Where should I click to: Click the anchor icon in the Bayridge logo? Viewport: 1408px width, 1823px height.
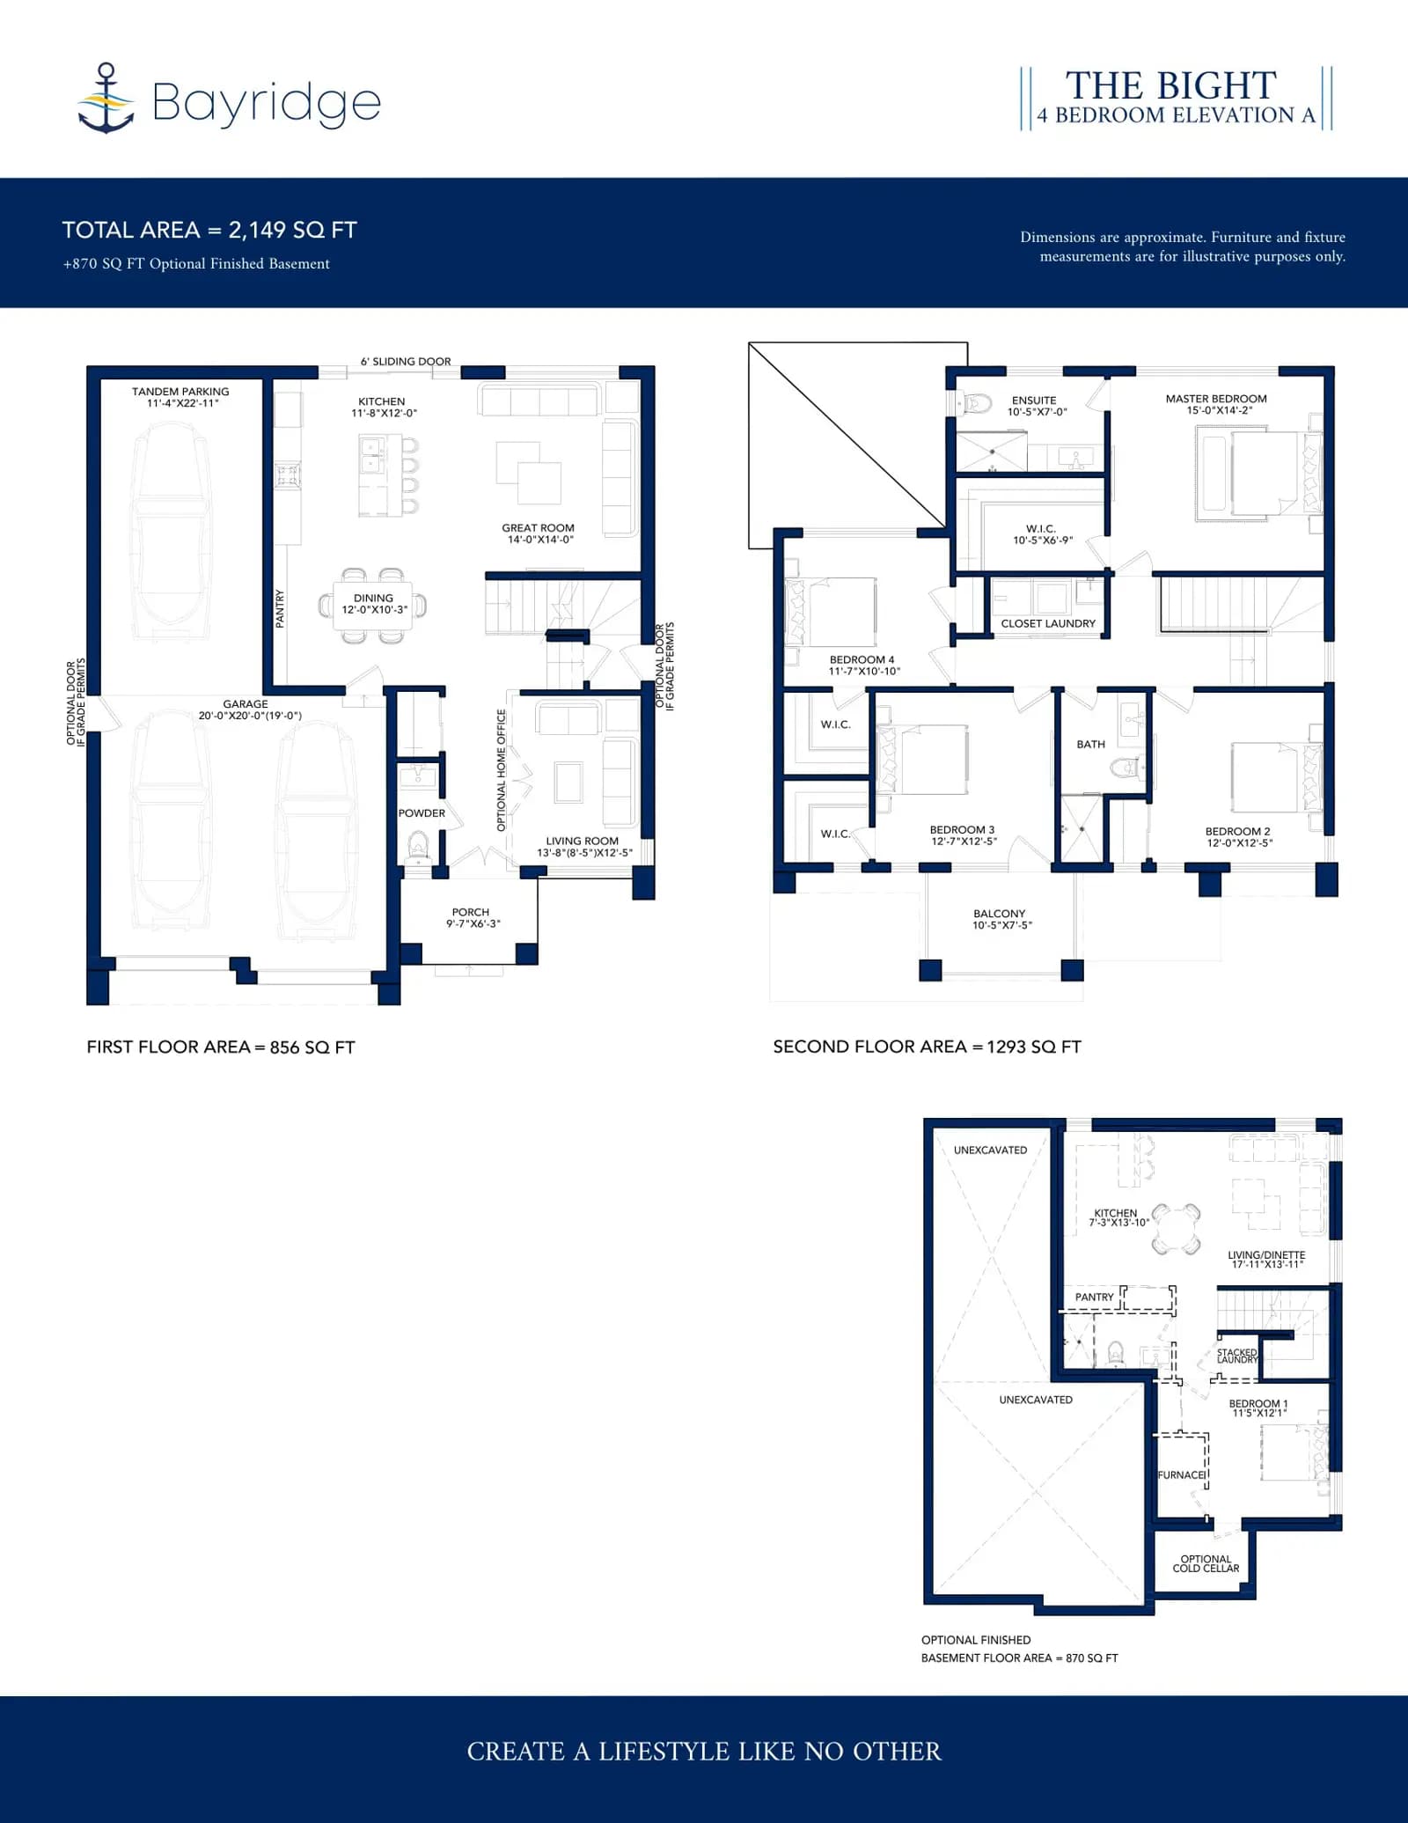[x=106, y=98]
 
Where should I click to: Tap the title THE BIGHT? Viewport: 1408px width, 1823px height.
[x=1170, y=85]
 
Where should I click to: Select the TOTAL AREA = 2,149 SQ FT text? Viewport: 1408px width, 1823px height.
[x=209, y=230]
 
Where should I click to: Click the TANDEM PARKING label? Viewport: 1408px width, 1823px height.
[x=180, y=392]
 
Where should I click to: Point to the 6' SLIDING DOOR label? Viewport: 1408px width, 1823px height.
[x=406, y=362]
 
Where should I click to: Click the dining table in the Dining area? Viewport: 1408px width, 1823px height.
[x=373, y=606]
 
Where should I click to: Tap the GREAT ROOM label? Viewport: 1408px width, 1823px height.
[x=538, y=528]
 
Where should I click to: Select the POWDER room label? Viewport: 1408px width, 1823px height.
[x=422, y=813]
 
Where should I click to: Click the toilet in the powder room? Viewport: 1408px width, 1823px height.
[x=417, y=849]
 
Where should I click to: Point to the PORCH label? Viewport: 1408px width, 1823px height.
[x=471, y=913]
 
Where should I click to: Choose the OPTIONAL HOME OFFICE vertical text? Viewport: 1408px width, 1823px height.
[x=502, y=770]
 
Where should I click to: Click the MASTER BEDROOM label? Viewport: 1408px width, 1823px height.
[x=1216, y=399]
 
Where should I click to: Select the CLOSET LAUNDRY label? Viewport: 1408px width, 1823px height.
[x=1048, y=623]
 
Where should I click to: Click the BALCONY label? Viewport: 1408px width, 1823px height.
[x=1000, y=914]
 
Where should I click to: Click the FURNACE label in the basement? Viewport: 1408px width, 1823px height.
[x=1181, y=1475]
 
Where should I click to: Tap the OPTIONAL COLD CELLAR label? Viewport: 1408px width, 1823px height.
[x=1206, y=1563]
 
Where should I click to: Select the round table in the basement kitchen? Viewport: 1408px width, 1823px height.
[x=1177, y=1229]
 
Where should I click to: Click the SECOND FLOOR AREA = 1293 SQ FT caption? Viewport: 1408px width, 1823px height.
[x=928, y=1047]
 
